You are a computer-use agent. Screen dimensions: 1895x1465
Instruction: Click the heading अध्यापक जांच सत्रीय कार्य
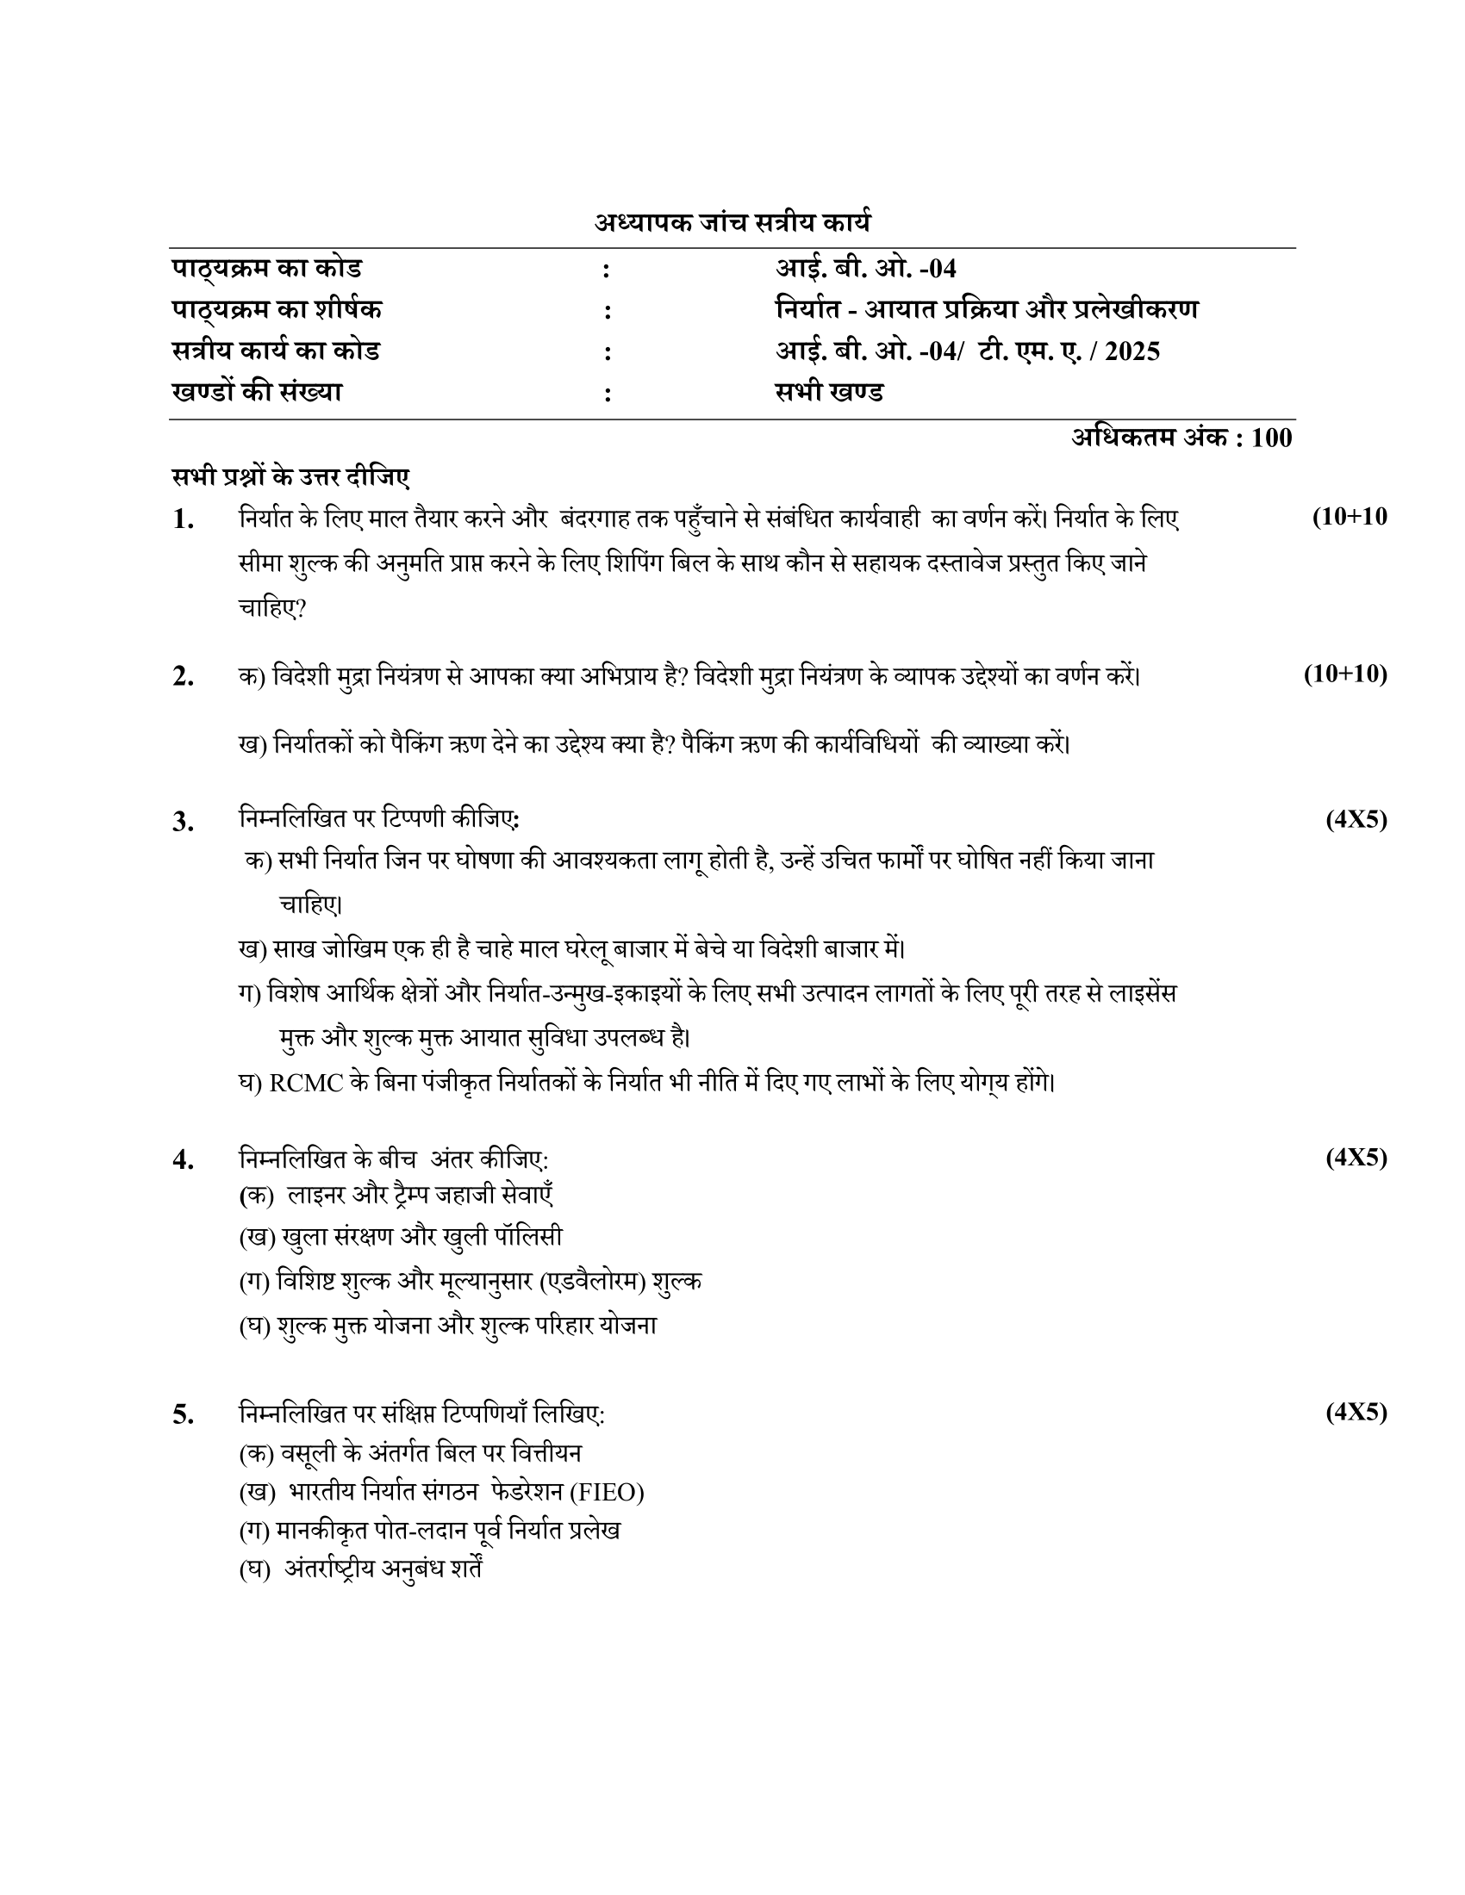pyautogui.click(x=732, y=223)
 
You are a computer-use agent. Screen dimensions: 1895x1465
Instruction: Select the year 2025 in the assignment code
pyautogui.click(x=1132, y=351)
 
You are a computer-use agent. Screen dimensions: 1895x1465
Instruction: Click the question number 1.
pyautogui.click(x=183, y=519)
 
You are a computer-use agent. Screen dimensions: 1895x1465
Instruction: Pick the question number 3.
pyautogui.click(x=183, y=821)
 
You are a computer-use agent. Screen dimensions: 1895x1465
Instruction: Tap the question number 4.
pyautogui.click(x=183, y=1159)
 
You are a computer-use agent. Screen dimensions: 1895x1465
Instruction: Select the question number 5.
pyautogui.click(x=183, y=1414)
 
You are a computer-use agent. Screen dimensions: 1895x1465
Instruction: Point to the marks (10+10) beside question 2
pyautogui.click(x=1345, y=674)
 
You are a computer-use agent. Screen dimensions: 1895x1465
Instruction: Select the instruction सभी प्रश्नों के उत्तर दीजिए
pyautogui.click(x=290, y=477)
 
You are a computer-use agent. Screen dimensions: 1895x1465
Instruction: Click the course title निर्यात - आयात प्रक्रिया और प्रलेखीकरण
pyautogui.click(x=987, y=310)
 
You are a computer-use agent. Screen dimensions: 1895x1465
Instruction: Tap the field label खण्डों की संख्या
pyautogui.click(x=257, y=392)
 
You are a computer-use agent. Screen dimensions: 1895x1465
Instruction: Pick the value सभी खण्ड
pyautogui.click(x=829, y=392)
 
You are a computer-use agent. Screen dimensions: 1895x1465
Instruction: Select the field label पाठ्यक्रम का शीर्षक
pyautogui.click(x=277, y=310)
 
